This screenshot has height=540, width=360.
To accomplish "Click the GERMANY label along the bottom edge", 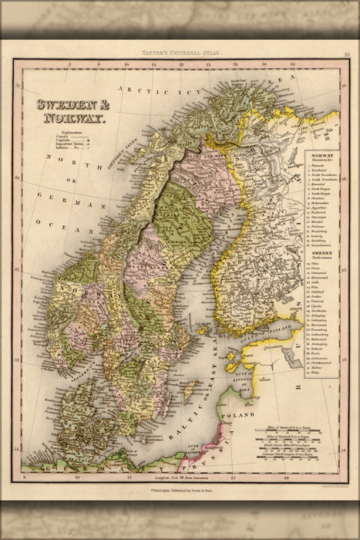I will pos(85,467).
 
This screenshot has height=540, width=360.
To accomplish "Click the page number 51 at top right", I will pos(348,52).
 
